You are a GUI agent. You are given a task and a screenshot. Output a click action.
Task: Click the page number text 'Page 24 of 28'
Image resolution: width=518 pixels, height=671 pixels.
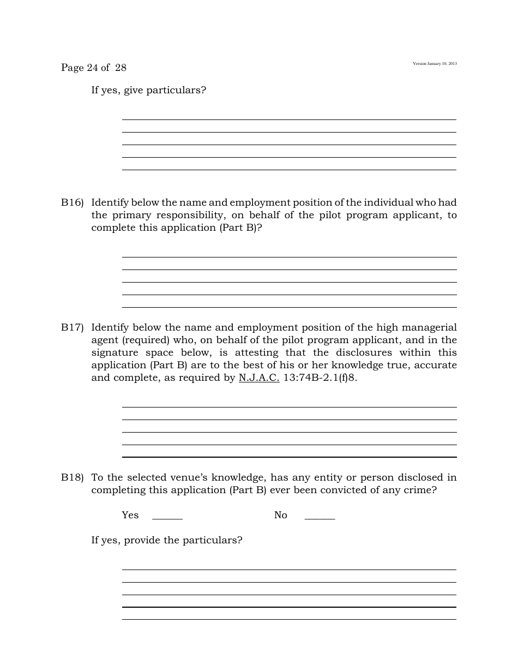pyautogui.click(x=93, y=68)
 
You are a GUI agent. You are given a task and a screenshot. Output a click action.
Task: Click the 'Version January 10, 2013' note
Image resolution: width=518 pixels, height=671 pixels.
pyautogui.click(x=435, y=64)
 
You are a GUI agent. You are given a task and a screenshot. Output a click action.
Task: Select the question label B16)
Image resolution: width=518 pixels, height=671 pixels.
pyautogui.click(x=72, y=202)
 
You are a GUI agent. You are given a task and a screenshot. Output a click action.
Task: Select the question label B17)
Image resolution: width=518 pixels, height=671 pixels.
pyautogui.click(x=72, y=327)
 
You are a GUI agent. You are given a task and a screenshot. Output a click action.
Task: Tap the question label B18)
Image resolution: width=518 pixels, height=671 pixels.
pyautogui.click(x=72, y=477)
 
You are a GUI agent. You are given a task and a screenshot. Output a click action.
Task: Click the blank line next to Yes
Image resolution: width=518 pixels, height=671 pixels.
pyautogui.click(x=167, y=518)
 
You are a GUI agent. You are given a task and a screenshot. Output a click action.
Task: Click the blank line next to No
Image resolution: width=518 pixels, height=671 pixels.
pyautogui.click(x=320, y=518)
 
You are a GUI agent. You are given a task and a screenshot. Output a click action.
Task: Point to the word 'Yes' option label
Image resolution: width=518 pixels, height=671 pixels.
pyautogui.click(x=130, y=515)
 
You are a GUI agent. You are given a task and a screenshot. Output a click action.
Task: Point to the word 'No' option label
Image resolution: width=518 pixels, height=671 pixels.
pyautogui.click(x=280, y=515)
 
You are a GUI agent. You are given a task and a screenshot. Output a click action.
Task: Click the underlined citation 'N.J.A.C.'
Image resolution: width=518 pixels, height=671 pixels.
pyautogui.click(x=259, y=378)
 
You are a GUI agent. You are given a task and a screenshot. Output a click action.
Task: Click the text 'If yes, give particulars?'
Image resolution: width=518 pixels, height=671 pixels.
pyautogui.click(x=148, y=90)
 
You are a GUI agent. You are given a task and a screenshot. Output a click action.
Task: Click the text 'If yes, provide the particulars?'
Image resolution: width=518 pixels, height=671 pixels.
pyautogui.click(x=166, y=540)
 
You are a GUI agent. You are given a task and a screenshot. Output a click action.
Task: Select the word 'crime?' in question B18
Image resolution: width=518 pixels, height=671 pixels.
pyautogui.click(x=420, y=490)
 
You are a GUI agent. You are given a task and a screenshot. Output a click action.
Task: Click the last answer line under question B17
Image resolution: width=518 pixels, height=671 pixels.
pyautogui.click(x=289, y=456)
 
